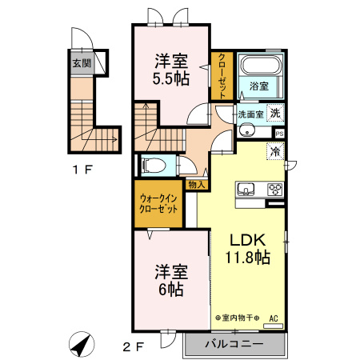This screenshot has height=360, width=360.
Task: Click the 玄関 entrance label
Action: coord(82,63)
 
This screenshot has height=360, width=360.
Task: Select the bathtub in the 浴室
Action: coord(261,65)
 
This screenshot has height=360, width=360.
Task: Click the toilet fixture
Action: coord(154,165)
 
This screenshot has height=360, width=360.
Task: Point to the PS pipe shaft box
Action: coord(279,134)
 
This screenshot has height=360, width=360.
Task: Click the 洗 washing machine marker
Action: coord(275,113)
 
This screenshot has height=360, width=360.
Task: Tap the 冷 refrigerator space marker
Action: coord(275,151)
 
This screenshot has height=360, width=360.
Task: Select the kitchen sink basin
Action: coord(246,189)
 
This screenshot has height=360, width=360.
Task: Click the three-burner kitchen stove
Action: coord(275,190)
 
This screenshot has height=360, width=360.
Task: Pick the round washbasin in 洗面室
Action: coord(246,130)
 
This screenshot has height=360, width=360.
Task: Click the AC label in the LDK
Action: coord(274,318)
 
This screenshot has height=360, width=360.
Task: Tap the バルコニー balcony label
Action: coord(234,344)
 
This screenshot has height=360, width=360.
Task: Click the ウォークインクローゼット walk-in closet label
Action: coord(158,203)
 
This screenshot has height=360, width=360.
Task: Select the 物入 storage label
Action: coord(197,184)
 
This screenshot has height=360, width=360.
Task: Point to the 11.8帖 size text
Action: coord(248,258)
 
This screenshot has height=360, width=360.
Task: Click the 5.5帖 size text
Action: coord(170,78)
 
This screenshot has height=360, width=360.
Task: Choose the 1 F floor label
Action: coord(82,170)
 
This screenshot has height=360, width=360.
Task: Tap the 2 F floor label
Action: coord(134,346)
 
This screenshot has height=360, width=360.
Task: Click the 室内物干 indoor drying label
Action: coord(238,318)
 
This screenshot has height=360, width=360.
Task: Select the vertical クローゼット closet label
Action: coord(222,76)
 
